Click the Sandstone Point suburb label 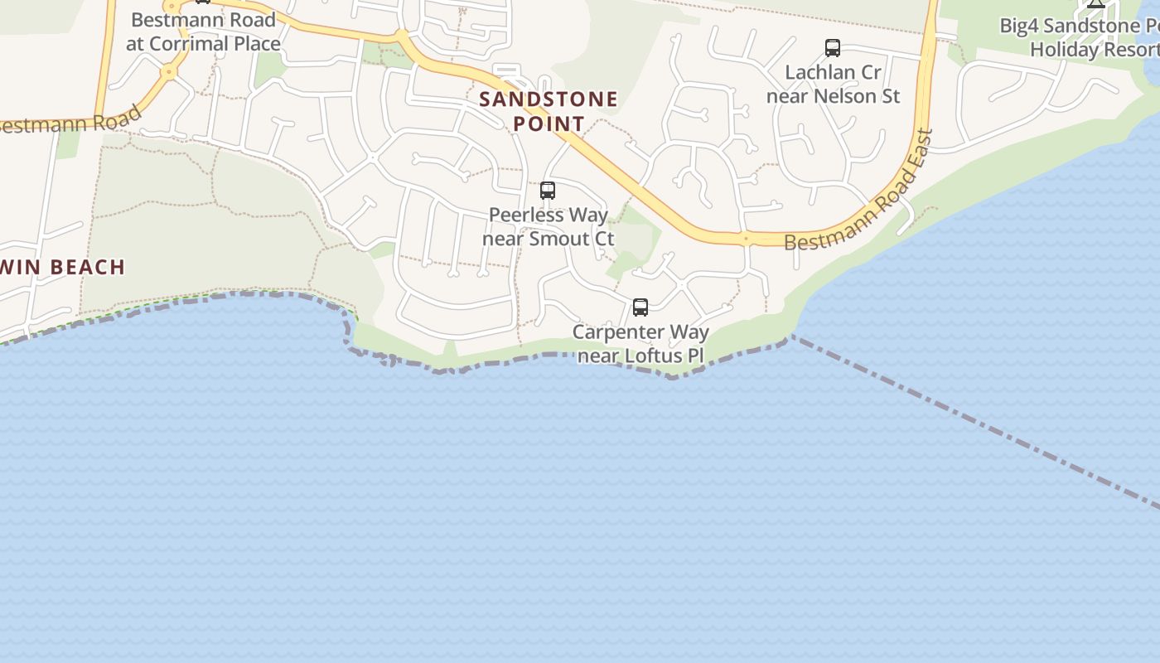coord(549,111)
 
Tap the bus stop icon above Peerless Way coord(548,191)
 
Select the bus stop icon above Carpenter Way coord(640,307)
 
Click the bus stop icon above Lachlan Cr coord(833,48)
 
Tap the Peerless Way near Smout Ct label coord(549,226)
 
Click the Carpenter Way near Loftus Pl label coord(640,344)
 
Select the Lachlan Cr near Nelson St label coord(833,84)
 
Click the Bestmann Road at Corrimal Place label coord(203,31)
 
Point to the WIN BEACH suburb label coord(63,267)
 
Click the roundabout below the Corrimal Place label coord(169,72)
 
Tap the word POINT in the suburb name coord(549,123)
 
